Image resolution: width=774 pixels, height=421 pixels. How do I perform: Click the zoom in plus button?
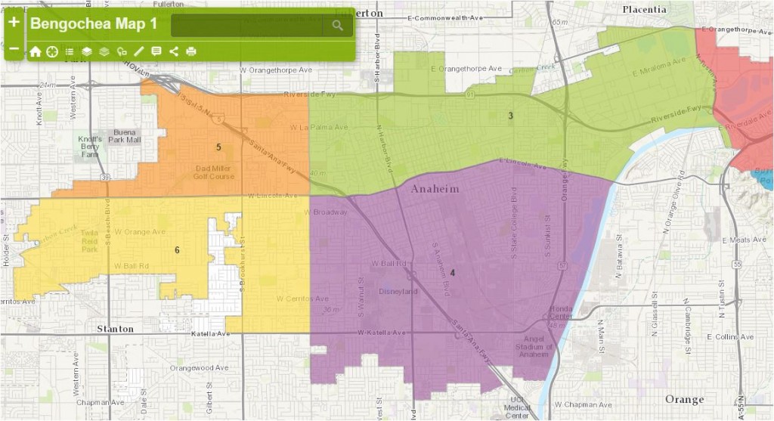coord(14,22)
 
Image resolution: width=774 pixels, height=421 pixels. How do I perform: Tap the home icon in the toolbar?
coord(36,51)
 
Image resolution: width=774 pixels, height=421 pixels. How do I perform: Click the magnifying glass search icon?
coord(337,26)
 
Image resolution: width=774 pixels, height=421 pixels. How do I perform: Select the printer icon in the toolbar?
coord(191,51)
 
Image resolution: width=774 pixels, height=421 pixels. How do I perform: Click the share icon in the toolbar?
coord(174,51)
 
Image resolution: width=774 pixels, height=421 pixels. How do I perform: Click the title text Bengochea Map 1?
coord(94,24)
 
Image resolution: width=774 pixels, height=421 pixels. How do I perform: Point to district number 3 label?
coord(510,116)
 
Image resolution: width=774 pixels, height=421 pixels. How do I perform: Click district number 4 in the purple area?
coord(453,273)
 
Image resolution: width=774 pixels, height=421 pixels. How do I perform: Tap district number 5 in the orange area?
coord(218,147)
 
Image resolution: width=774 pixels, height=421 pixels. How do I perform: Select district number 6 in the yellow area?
coord(177,250)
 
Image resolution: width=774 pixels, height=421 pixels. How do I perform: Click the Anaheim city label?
coord(434,190)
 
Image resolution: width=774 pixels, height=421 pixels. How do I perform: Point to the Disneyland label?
coord(398,291)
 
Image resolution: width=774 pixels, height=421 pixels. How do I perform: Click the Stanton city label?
coord(115,329)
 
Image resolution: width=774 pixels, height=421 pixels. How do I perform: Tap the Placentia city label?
coord(644,9)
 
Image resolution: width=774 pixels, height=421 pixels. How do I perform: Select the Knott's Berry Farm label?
coord(90,147)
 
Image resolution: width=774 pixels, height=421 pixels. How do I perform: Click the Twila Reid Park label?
coord(90,240)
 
